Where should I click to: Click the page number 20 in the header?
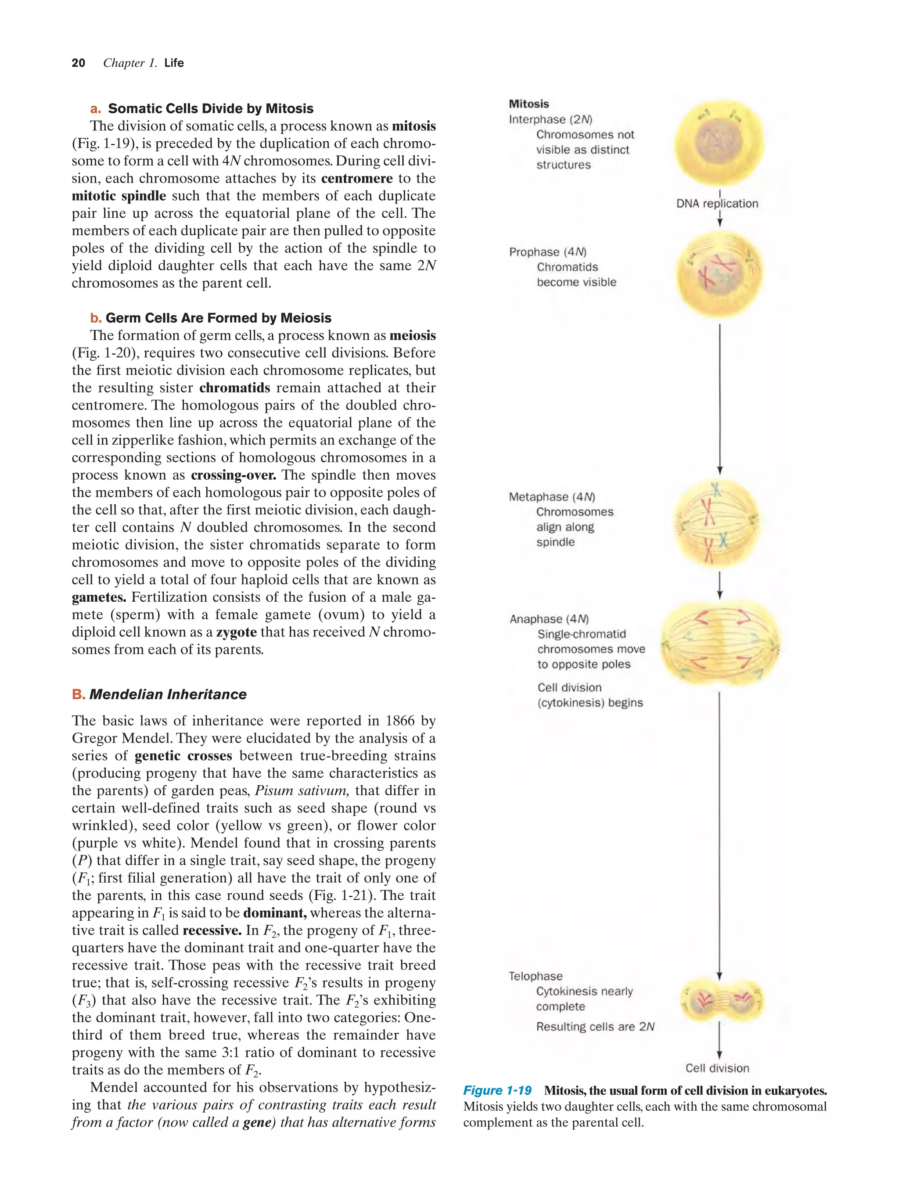pos(78,63)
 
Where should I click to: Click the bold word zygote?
pos(237,632)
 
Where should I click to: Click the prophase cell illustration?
pos(719,273)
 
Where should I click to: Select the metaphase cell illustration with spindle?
pos(717,523)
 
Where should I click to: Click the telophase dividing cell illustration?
pos(721,1000)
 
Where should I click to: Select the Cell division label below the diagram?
pos(717,1068)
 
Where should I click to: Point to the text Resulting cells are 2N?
pos(595,1027)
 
